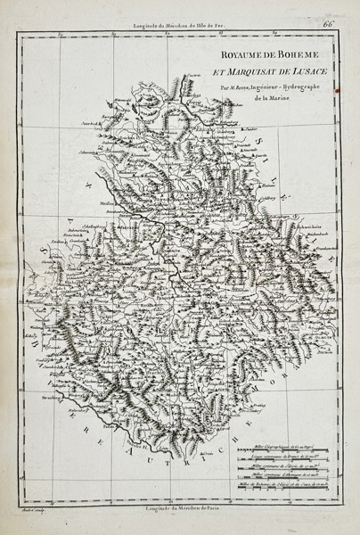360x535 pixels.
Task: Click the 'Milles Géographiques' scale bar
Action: (x=285, y=443)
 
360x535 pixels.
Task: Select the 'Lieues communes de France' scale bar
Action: (x=285, y=453)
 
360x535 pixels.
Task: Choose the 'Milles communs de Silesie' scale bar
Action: (x=285, y=464)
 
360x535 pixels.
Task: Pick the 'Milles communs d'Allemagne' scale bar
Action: (x=285, y=473)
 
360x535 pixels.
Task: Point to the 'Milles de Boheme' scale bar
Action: (x=285, y=483)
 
